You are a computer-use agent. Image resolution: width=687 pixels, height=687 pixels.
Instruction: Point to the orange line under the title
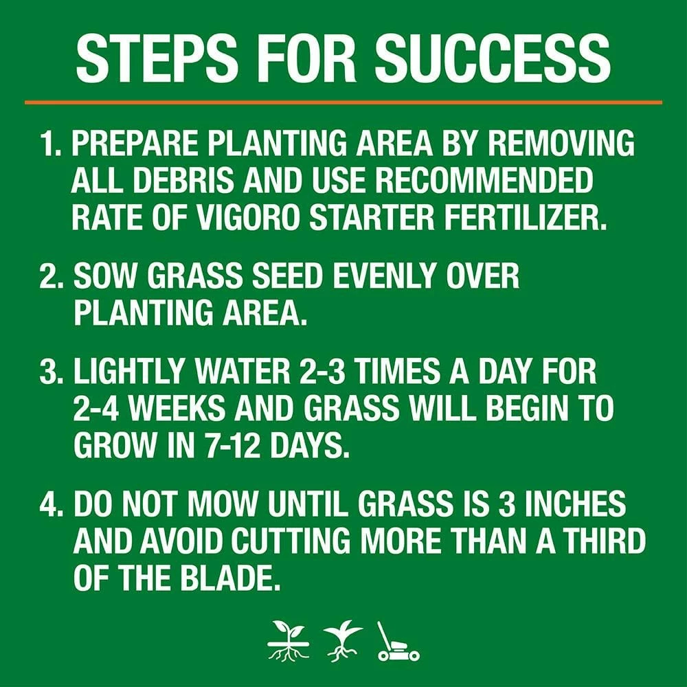[343, 102]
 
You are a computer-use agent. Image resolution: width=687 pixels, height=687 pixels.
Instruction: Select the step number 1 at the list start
[49, 145]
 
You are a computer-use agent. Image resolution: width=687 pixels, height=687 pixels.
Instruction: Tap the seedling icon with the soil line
[288, 642]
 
